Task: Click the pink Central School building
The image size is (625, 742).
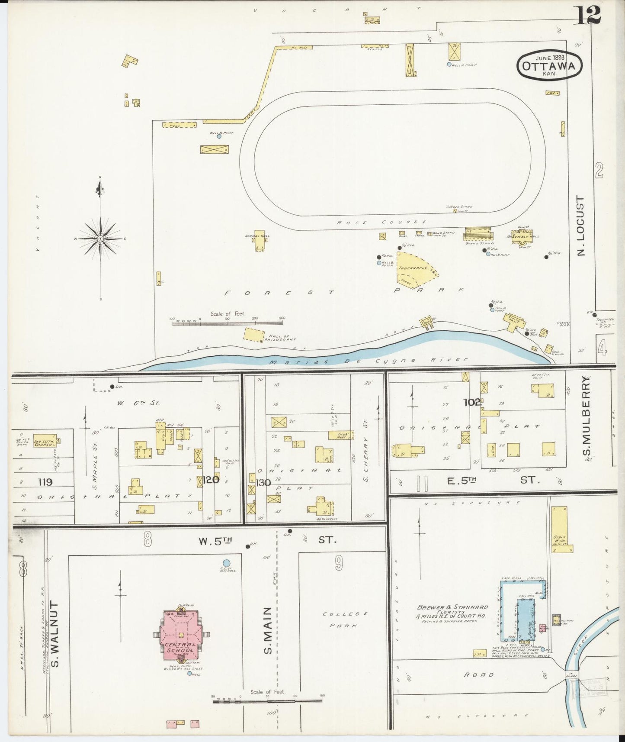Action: click(x=181, y=635)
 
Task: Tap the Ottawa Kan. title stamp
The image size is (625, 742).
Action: click(x=549, y=65)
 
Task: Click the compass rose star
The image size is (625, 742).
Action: click(x=100, y=239)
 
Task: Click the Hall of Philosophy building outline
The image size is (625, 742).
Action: click(x=254, y=335)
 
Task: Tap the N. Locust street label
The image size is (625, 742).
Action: click(x=580, y=226)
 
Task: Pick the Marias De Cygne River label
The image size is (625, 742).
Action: click(x=368, y=361)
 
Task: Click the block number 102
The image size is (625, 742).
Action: click(x=472, y=402)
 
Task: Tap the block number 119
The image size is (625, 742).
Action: click(x=45, y=482)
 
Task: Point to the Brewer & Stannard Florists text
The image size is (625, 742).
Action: click(x=452, y=611)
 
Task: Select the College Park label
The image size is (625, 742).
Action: click(x=345, y=619)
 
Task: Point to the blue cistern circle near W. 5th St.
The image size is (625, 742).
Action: click(x=226, y=563)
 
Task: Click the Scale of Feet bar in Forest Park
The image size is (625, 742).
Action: click(x=227, y=323)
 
